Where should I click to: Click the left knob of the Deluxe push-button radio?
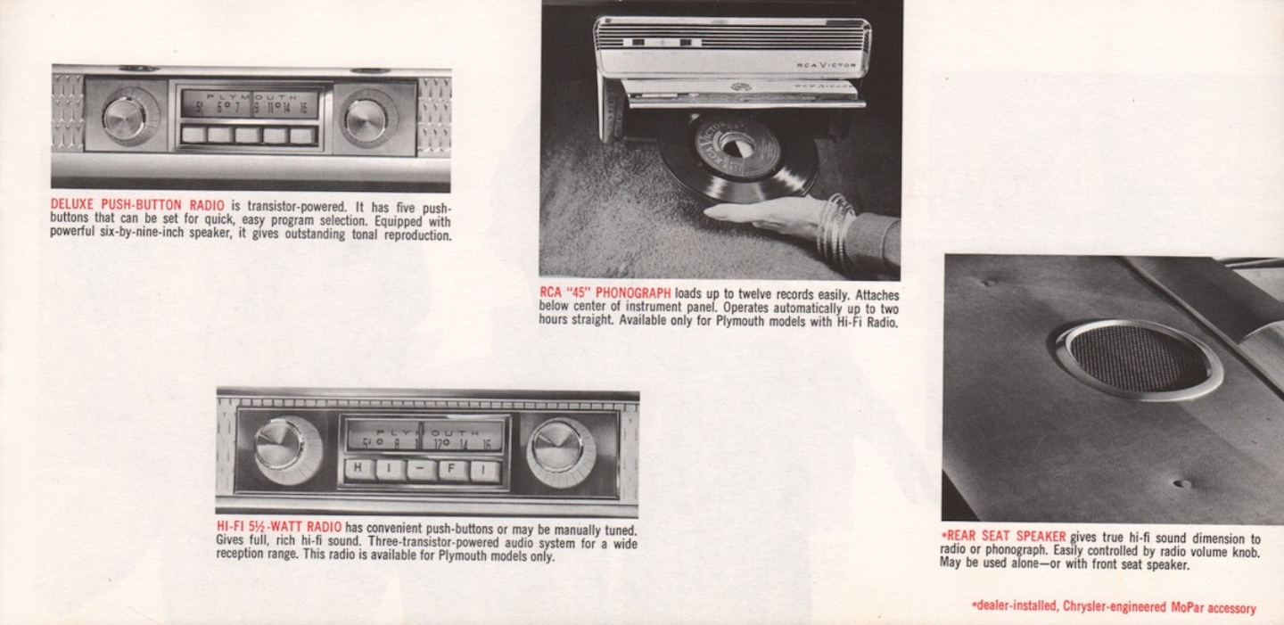(x=125, y=117)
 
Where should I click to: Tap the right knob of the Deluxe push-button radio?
(x=366, y=118)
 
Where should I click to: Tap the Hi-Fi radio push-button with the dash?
(x=422, y=470)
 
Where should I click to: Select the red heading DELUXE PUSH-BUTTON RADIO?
(x=137, y=206)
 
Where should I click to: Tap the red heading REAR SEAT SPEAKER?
(x=1003, y=537)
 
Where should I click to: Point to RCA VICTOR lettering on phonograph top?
(x=826, y=65)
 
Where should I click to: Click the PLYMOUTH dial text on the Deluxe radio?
(x=249, y=96)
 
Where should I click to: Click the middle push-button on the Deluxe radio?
(x=249, y=135)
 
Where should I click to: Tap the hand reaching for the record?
(x=758, y=215)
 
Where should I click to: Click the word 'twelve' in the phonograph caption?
(x=761, y=294)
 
